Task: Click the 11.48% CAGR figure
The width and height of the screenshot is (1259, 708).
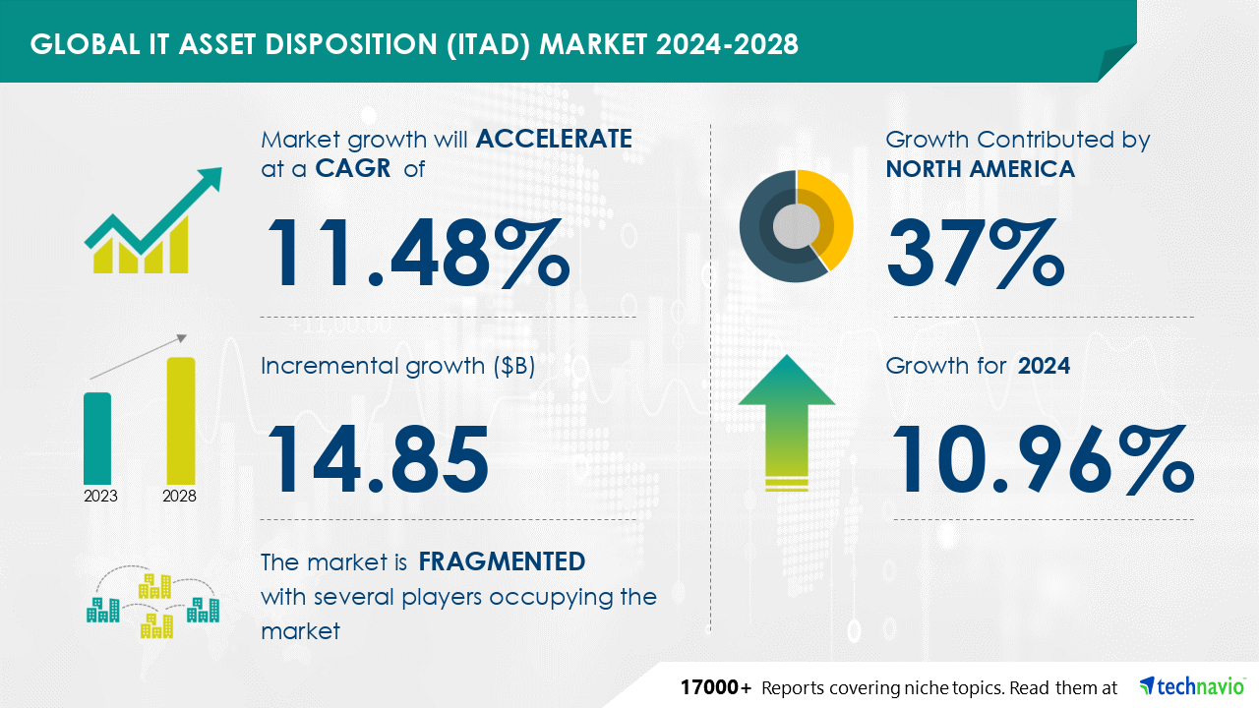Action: [418, 253]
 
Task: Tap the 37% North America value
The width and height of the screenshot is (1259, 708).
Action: [976, 253]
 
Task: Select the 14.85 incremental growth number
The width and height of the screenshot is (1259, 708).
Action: [378, 459]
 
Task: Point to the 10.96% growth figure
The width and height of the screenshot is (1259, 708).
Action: [1043, 459]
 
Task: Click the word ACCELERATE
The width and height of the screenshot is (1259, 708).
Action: [554, 139]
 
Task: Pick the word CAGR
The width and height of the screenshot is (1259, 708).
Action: [353, 168]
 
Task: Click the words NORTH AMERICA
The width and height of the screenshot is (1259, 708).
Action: [981, 168]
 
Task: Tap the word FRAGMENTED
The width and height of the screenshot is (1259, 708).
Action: [502, 561]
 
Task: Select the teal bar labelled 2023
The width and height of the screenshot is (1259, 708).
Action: [97, 439]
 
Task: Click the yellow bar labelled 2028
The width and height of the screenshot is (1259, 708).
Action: [181, 421]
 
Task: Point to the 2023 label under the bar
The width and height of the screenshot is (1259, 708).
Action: [100, 496]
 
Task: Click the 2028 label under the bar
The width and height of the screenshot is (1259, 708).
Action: [179, 496]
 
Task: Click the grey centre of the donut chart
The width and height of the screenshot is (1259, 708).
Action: [796, 226]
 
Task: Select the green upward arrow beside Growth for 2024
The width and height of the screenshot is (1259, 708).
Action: [787, 423]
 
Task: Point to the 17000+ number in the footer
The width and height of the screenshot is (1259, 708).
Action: [715, 687]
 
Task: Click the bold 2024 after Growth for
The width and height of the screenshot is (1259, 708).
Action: [1044, 366]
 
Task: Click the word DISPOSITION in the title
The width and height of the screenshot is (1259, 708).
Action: [351, 44]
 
